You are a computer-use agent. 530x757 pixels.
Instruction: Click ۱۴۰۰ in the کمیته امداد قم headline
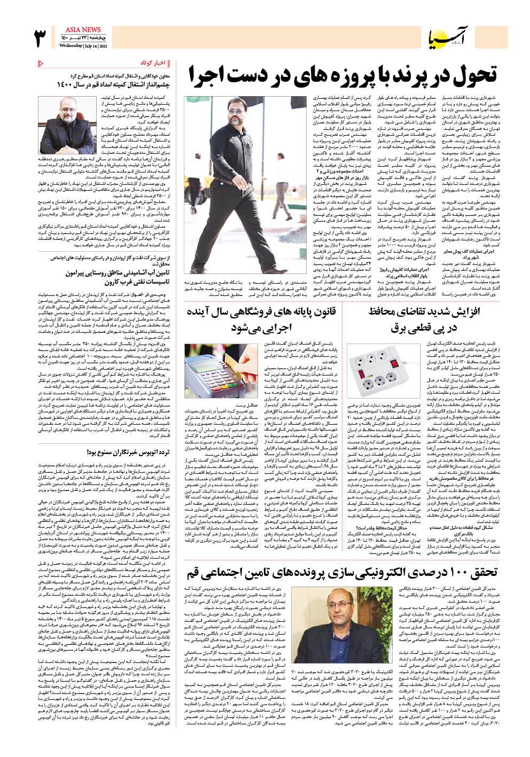66,84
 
